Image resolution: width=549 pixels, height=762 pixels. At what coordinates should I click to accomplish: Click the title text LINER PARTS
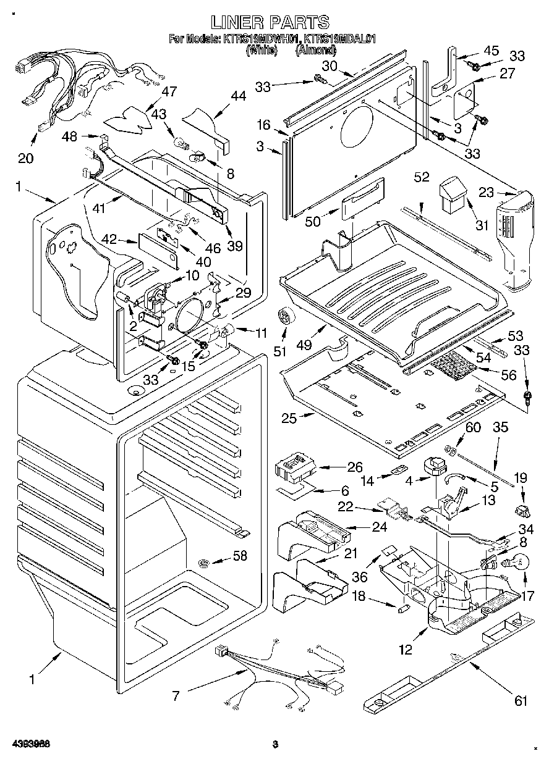[270, 22]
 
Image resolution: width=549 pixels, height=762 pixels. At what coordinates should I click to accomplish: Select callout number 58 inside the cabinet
[239, 556]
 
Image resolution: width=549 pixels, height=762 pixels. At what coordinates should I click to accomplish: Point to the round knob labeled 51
[286, 317]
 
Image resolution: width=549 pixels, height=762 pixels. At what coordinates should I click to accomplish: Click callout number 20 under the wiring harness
[25, 159]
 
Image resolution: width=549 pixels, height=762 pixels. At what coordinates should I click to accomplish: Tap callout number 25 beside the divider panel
[289, 418]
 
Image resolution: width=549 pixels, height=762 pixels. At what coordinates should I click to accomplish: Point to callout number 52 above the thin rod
[422, 177]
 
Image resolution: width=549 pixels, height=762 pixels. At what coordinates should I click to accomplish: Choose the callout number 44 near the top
[238, 96]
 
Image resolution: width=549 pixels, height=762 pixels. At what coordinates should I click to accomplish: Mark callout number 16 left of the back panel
[264, 125]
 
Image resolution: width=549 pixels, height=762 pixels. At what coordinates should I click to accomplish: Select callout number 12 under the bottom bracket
[406, 650]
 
